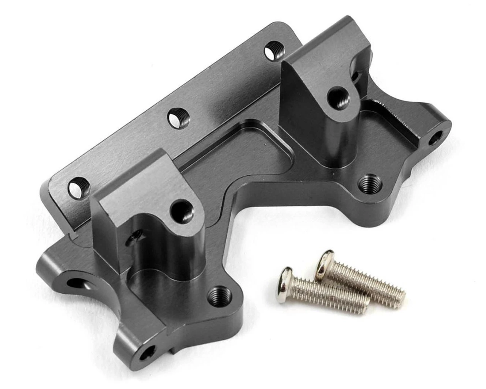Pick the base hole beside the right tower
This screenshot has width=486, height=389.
pos(367,182)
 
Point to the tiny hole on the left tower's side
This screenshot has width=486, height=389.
pos(133,238)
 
